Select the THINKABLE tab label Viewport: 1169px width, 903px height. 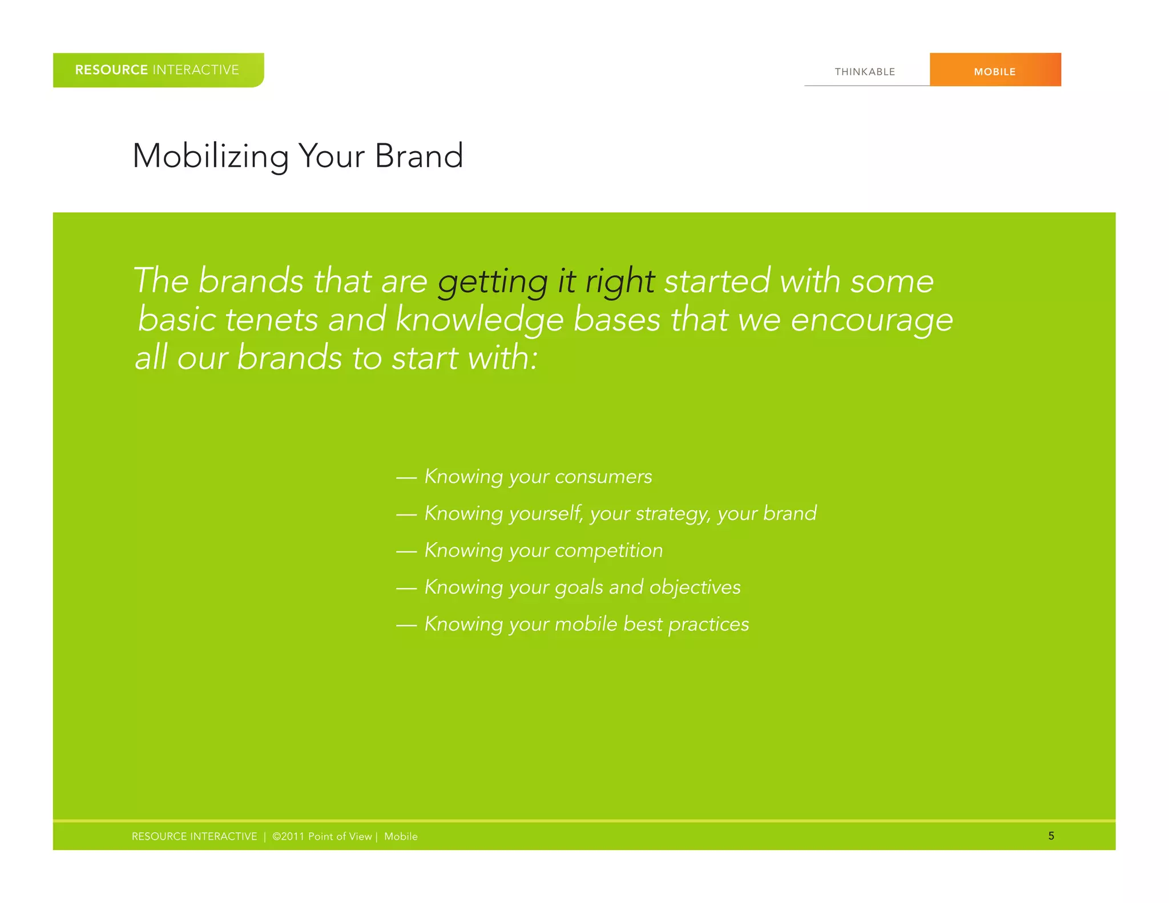pyautogui.click(x=865, y=72)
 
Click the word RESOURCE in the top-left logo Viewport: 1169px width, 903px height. pyautogui.click(x=111, y=70)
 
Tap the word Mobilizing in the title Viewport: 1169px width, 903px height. pyautogui.click(x=211, y=156)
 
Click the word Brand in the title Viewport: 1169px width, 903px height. pyautogui.click(x=418, y=156)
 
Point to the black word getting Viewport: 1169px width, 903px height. pyautogui.click(x=492, y=282)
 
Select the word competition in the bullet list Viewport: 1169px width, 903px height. pyautogui.click(x=608, y=551)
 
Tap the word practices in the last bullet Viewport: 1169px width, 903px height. pyautogui.click(x=708, y=624)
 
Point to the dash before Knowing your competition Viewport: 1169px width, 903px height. pyautogui.click(x=406, y=551)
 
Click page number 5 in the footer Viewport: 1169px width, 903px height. pyautogui.click(x=1051, y=836)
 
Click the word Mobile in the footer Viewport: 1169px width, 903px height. pyautogui.click(x=401, y=836)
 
